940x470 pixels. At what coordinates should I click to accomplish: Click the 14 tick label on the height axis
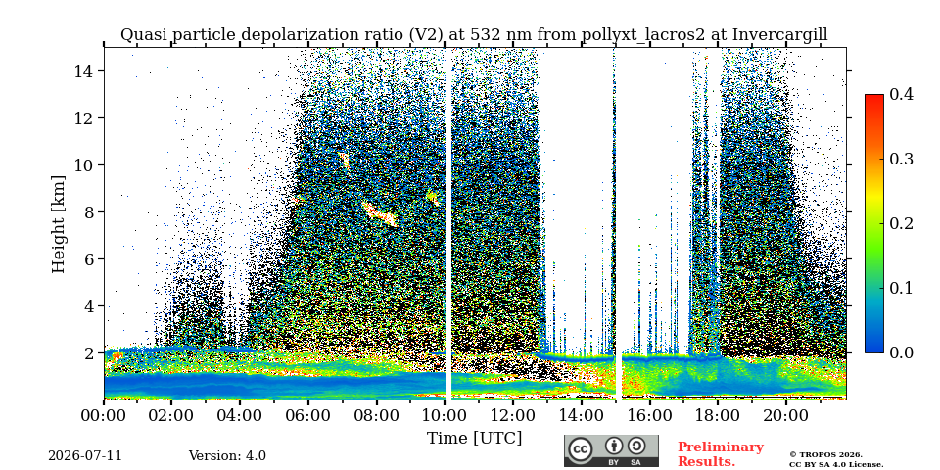pyautogui.click(x=82, y=70)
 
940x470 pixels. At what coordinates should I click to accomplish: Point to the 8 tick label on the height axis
pyautogui.click(x=87, y=211)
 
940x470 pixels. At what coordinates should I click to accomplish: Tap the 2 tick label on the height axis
pyautogui.click(x=87, y=353)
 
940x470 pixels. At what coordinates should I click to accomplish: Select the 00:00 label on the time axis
pyautogui.click(x=104, y=415)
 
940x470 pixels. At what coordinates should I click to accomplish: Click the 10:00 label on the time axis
pyautogui.click(x=445, y=415)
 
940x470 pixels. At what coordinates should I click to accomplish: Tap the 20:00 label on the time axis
pyautogui.click(x=785, y=415)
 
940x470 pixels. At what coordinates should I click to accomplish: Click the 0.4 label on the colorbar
pyautogui.click(x=901, y=94)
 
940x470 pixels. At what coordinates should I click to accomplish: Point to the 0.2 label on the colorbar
pyautogui.click(x=901, y=223)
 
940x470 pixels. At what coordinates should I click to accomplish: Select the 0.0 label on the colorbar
pyautogui.click(x=901, y=352)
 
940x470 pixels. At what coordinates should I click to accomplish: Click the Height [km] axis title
pyautogui.click(x=58, y=224)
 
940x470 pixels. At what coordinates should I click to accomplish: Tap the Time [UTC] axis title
pyautogui.click(x=474, y=439)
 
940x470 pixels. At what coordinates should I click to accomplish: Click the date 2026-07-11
pyautogui.click(x=85, y=455)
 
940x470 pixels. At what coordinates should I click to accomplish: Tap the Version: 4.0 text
pyautogui.click(x=227, y=455)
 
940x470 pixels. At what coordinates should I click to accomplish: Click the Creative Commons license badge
pyautogui.click(x=611, y=450)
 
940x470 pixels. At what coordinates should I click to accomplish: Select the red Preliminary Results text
pyautogui.click(x=721, y=453)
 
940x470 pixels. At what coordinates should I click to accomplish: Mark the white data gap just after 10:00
pyautogui.click(x=447, y=223)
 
